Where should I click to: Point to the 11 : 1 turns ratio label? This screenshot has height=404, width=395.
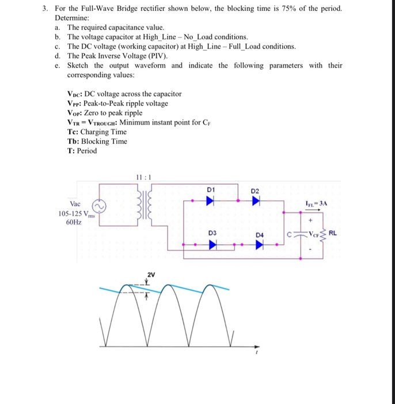(142, 177)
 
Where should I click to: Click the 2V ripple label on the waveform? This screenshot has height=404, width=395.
(151, 274)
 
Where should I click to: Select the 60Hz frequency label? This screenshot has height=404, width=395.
(74, 222)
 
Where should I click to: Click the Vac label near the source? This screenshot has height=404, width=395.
(75, 204)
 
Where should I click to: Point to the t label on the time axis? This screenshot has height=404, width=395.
(257, 356)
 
